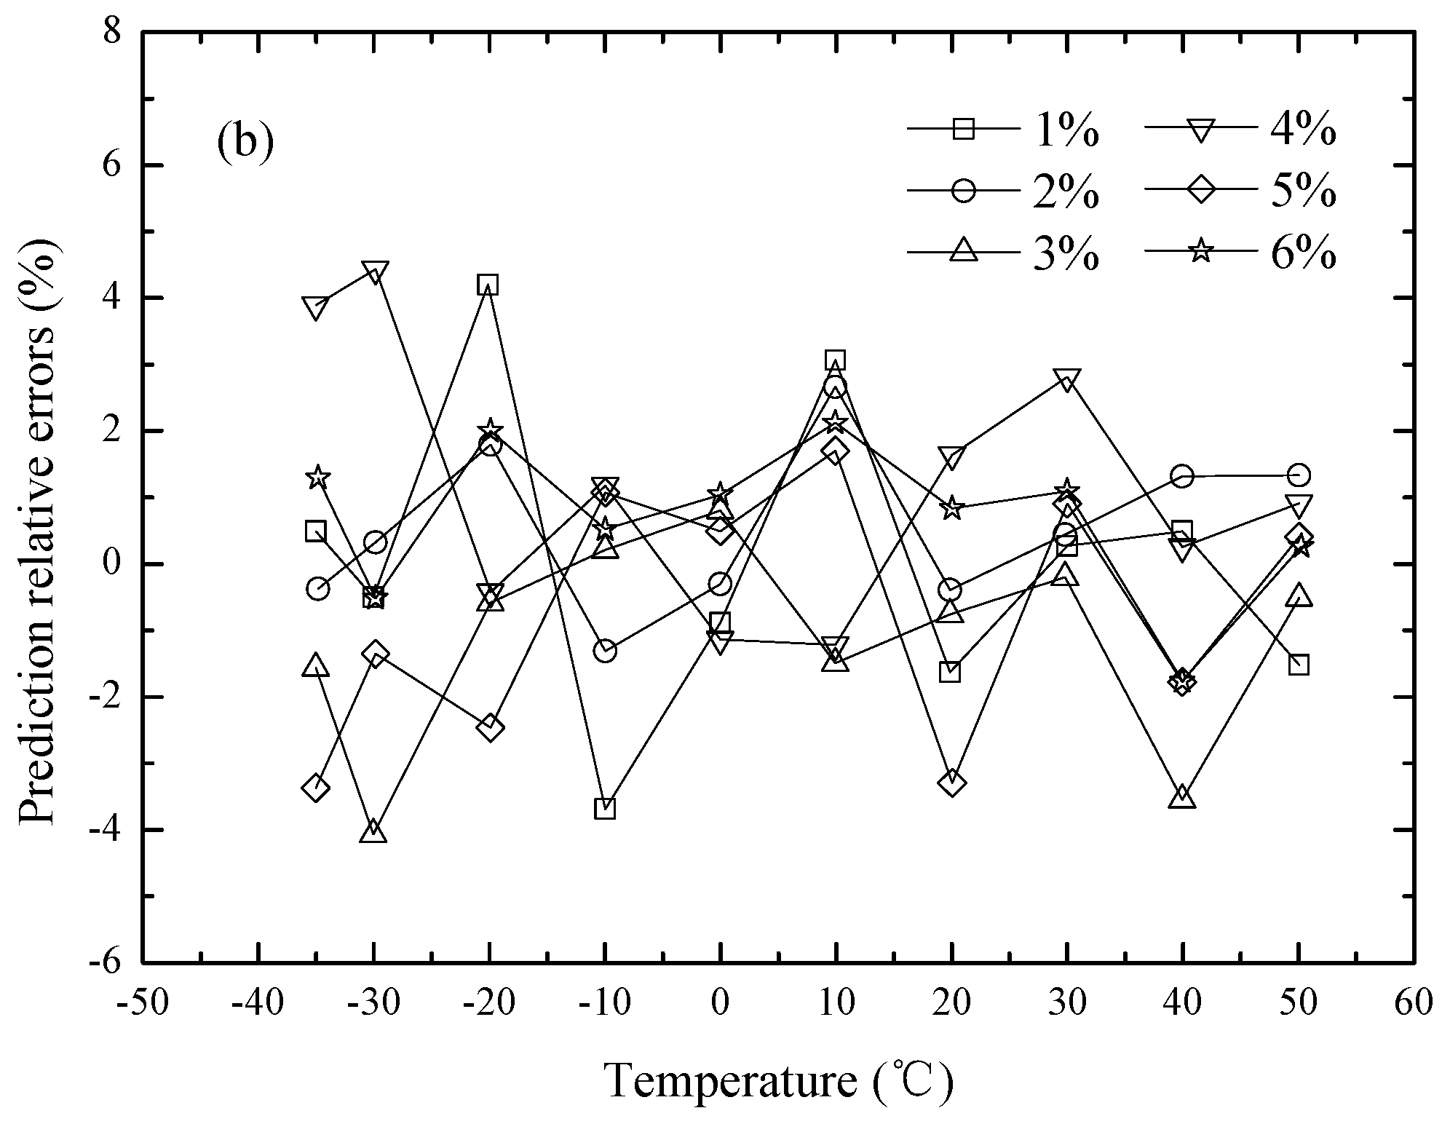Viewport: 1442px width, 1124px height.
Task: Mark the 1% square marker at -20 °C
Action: click(488, 285)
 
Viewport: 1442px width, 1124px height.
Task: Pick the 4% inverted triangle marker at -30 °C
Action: click(373, 272)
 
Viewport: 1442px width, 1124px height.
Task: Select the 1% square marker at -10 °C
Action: click(605, 809)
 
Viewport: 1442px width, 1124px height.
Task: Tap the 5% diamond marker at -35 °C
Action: click(315, 787)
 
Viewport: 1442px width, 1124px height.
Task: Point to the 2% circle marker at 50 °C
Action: click(1299, 475)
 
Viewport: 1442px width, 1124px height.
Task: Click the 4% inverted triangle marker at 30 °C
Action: click(1067, 381)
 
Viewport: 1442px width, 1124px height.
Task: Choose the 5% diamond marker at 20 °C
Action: click(952, 783)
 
